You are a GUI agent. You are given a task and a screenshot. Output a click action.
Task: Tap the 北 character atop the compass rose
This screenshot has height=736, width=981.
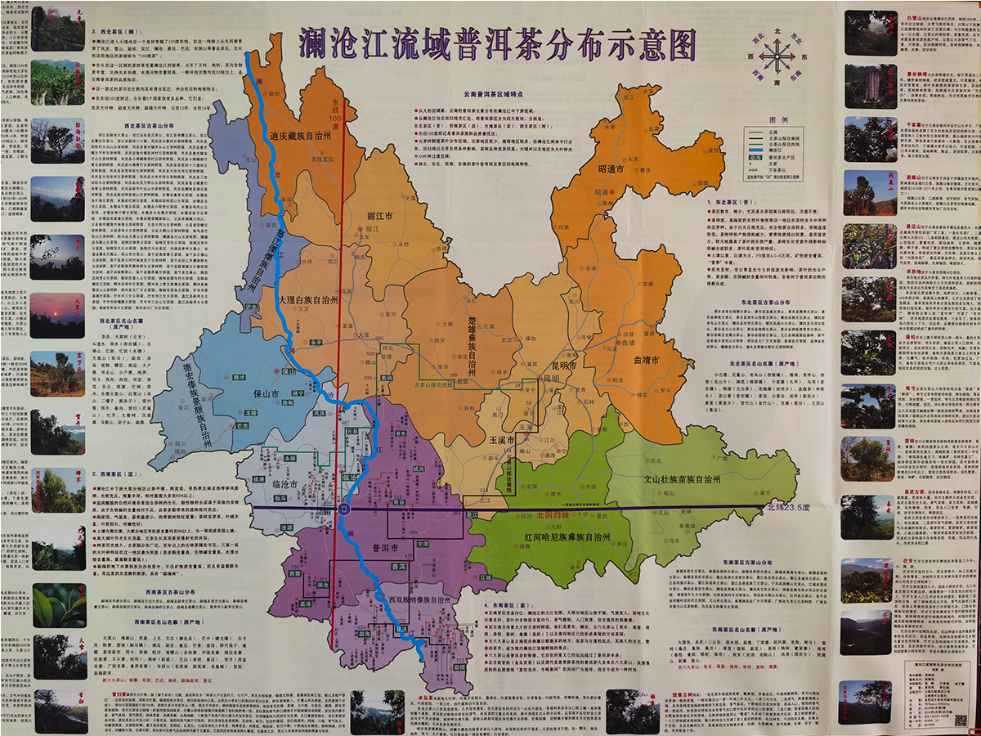tap(777, 30)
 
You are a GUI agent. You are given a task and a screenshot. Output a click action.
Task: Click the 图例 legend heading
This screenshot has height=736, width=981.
tap(779, 119)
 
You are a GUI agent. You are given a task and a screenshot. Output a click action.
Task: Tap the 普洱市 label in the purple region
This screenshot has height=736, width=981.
tap(383, 549)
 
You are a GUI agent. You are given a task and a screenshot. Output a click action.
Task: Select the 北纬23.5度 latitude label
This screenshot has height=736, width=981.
tap(787, 507)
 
